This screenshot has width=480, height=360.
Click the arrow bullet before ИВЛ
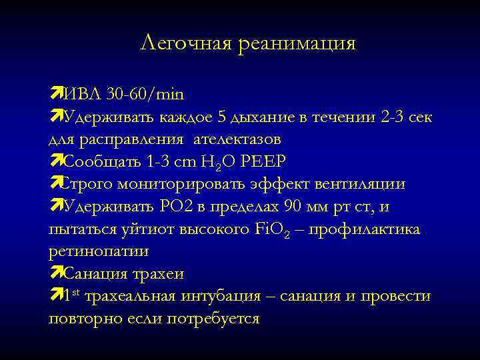pos(55,94)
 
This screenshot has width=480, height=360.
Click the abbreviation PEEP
pos(271,162)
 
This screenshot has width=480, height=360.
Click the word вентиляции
pos(370,185)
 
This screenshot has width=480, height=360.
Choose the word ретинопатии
pos(99,252)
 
